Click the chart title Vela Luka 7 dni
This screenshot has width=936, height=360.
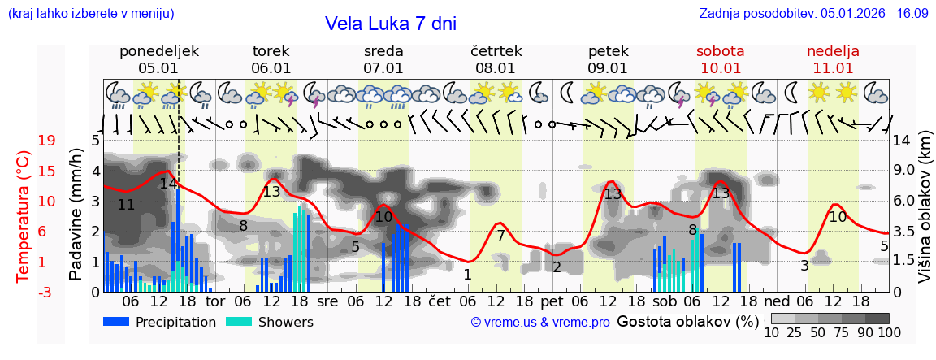click(x=390, y=24)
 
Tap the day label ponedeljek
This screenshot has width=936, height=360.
click(x=159, y=51)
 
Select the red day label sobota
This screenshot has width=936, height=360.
click(x=721, y=51)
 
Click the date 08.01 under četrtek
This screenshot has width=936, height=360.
click(x=496, y=68)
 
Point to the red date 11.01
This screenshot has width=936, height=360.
click(x=833, y=68)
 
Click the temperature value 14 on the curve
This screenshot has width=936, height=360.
click(x=168, y=184)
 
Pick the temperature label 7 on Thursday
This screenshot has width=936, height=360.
click(x=501, y=236)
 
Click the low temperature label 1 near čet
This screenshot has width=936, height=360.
click(x=468, y=275)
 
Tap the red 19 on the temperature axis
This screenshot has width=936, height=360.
click(x=47, y=141)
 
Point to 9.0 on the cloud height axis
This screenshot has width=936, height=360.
click(x=904, y=171)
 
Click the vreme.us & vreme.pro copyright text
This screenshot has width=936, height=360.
click(x=540, y=323)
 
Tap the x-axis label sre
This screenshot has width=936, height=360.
click(x=327, y=301)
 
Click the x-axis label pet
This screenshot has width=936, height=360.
click(x=552, y=301)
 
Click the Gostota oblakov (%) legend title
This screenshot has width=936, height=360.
click(x=687, y=321)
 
